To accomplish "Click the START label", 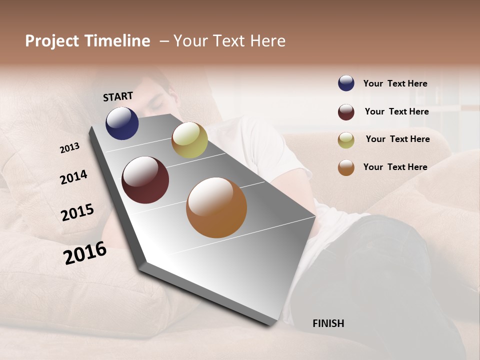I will point(118,96).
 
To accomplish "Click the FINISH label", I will point(328,323).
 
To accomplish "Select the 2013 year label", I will point(70,147).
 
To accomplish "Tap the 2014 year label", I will point(73,177).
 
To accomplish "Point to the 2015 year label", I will point(77,212).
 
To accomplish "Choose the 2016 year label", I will point(85,252).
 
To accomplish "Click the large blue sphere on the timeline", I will point(122,123).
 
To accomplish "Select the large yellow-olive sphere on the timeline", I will point(189,140).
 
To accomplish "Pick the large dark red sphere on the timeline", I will point(145,180).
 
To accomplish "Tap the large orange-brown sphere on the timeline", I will point(216,207).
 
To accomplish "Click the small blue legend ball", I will point(346,83).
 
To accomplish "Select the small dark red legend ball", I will point(346,112).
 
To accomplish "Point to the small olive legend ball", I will point(346,140).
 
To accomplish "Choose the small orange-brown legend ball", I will point(346,167).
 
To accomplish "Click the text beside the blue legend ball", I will point(395,83).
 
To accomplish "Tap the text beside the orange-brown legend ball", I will point(395,167).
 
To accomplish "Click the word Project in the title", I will point(52,41).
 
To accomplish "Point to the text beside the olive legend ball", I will point(397,139).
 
